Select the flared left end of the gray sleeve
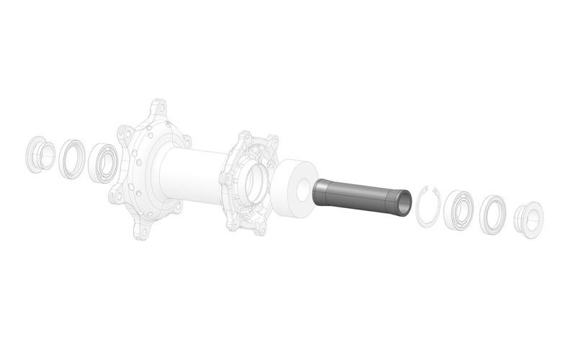(321, 190)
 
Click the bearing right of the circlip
(456, 210)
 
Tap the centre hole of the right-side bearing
(458, 211)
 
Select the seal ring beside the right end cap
(493, 214)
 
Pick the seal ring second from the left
(71, 157)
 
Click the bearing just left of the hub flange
(103, 163)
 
